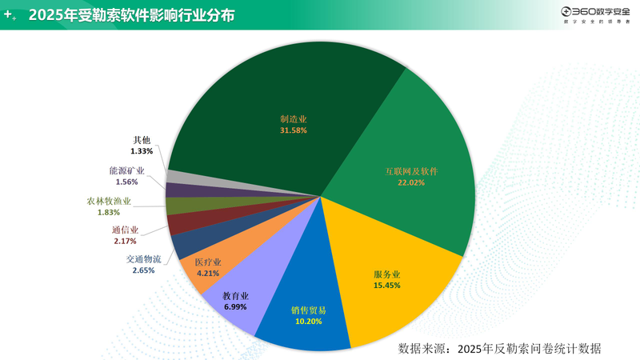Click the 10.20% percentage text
point(308,321)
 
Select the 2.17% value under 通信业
point(125,241)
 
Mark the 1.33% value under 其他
point(142,150)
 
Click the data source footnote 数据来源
point(499,349)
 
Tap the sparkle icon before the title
point(10,15)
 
